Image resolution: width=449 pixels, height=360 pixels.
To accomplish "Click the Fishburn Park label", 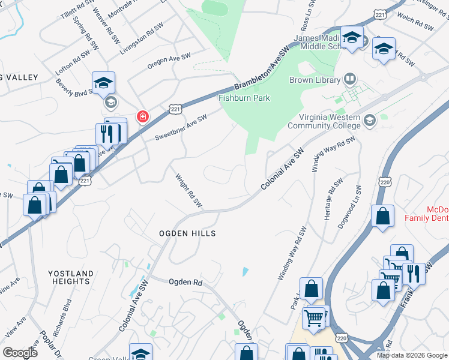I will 244,98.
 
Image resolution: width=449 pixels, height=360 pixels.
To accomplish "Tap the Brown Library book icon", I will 349,79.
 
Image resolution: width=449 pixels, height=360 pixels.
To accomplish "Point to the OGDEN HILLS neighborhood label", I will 187,233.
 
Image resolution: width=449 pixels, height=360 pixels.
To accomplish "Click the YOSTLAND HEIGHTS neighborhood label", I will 71,277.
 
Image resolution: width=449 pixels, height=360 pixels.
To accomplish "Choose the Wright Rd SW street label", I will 187,191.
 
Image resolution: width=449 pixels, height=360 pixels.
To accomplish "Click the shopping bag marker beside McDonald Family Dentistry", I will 382,216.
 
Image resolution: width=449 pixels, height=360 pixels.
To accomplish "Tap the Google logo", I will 20,353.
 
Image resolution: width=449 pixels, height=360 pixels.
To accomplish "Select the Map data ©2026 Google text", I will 412,355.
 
